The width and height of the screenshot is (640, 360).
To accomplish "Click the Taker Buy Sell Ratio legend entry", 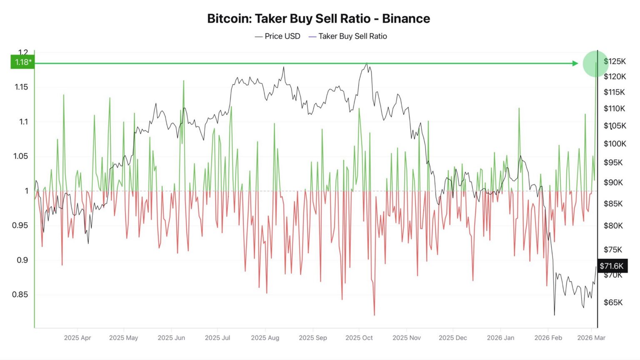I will point(352,36).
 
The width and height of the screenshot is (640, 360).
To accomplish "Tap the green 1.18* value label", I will point(23,62).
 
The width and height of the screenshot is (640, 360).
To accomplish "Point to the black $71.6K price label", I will point(612,266).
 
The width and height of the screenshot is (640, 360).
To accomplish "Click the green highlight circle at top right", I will point(595,63).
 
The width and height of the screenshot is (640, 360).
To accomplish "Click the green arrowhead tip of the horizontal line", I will point(577,63).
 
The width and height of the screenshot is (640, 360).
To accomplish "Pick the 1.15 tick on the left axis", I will point(21,87).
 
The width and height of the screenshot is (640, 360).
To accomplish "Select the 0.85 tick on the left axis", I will point(20,295).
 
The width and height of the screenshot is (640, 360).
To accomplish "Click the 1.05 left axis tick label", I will point(21,156).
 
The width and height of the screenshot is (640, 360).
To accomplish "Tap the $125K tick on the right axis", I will point(615,62).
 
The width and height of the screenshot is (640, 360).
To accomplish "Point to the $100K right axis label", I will point(615,144).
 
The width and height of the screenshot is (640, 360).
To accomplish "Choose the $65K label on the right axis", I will point(613,302).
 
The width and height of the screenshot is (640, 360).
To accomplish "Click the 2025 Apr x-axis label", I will point(77,337).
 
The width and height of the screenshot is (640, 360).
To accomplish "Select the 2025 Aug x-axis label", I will point(265,337).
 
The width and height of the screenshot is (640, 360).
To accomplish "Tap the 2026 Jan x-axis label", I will point(500,337).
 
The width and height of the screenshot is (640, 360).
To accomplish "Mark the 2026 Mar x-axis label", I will point(591,337).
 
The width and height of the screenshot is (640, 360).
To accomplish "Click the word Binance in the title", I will point(406,19).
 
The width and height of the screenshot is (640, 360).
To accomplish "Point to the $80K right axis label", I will point(613,226).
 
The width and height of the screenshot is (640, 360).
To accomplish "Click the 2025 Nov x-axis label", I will point(406,337).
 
